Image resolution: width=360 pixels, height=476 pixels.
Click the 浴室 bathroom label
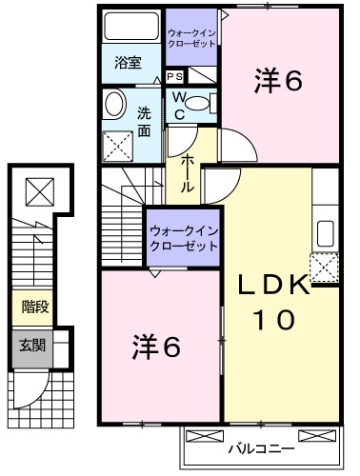129,64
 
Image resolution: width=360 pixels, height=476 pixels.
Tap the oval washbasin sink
115,108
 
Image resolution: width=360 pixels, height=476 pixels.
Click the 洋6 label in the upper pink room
277,83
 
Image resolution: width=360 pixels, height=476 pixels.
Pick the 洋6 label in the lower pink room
155,347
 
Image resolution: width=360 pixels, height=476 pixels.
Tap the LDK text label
273,286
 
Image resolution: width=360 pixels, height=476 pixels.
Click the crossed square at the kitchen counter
325,268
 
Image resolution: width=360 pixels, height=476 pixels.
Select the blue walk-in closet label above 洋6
182,236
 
